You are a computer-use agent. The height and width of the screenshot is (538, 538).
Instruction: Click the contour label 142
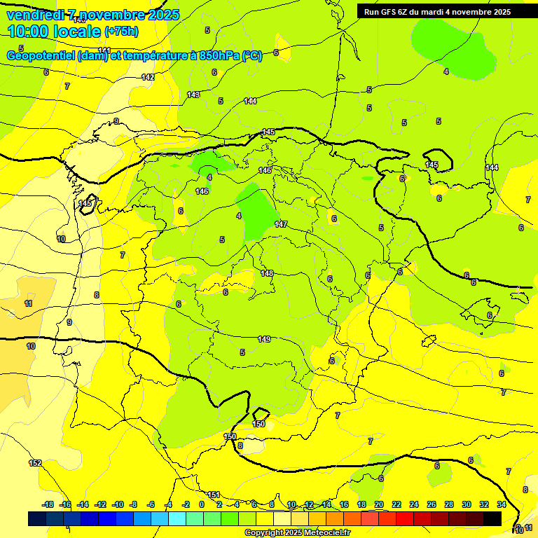pyautogui.click(x=148, y=77)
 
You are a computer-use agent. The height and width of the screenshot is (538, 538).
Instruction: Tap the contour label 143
pyautogui.click(x=193, y=95)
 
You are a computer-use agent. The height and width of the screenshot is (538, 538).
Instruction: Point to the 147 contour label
pyautogui.click(x=281, y=224)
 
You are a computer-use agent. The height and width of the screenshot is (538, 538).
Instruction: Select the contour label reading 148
pyautogui.click(x=267, y=273)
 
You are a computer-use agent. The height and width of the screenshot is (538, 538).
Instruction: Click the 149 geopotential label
pyautogui.click(x=264, y=339)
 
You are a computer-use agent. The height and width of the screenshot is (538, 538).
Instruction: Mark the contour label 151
pyautogui.click(x=214, y=495)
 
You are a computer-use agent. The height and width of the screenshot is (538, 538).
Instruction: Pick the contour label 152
pyautogui.click(x=35, y=463)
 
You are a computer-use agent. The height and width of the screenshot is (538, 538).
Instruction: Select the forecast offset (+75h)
pyautogui.click(x=121, y=32)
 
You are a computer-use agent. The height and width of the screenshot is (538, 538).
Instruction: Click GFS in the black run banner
pyautogui.click(x=388, y=12)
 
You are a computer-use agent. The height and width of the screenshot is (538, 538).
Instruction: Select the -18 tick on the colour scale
pyautogui.click(x=48, y=504)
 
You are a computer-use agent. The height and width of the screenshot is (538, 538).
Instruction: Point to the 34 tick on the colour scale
pyautogui.click(x=502, y=504)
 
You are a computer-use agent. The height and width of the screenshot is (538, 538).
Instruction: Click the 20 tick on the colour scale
pyautogui.click(x=379, y=504)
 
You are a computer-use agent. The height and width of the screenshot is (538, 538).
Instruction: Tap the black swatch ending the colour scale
pyautogui.click(x=492, y=518)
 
